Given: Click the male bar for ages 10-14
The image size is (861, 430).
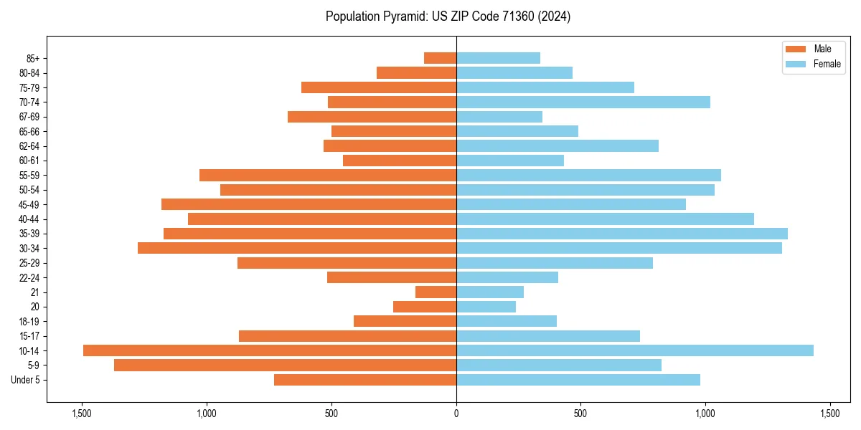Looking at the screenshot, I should [269, 350].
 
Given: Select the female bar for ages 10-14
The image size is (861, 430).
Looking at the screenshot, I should [635, 350].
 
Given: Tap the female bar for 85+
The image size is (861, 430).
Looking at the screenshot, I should [498, 58].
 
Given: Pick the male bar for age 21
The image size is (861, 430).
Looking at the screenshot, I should [436, 292].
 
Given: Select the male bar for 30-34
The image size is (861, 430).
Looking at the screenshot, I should [297, 248].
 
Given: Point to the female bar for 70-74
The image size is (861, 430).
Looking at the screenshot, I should [583, 102].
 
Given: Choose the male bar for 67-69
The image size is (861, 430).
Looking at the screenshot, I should [372, 117].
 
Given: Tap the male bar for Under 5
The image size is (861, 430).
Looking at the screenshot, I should [365, 380].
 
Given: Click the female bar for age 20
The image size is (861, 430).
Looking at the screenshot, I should [486, 307].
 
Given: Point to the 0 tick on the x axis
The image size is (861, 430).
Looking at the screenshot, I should [456, 414].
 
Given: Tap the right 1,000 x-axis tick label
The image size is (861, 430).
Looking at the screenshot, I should [705, 414].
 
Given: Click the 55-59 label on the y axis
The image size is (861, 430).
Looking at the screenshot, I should [29, 176].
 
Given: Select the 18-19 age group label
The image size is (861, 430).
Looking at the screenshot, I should [29, 322].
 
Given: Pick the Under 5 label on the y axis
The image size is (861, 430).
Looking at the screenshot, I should [26, 380].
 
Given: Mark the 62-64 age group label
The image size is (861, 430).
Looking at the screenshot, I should [29, 146].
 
